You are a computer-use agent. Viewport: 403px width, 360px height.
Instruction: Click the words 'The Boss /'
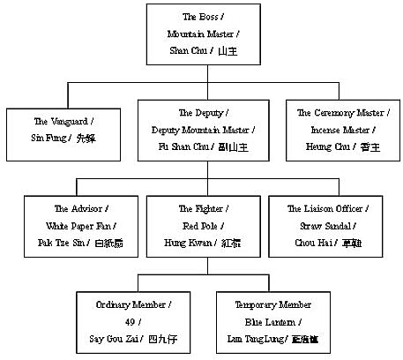pyautogui.click(x=202, y=17)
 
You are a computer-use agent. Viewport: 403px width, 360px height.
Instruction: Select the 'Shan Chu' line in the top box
pyautogui.click(x=202, y=52)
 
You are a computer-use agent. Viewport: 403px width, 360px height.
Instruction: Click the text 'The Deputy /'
pyautogui.click(x=202, y=113)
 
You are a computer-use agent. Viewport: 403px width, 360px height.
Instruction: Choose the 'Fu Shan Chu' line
pyautogui.click(x=202, y=146)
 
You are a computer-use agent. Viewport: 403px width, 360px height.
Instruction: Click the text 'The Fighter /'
pyautogui.click(x=202, y=209)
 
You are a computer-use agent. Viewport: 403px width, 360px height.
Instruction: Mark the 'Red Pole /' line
pyautogui.click(x=202, y=225)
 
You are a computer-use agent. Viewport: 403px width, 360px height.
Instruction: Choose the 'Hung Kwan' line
pyautogui.click(x=202, y=242)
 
